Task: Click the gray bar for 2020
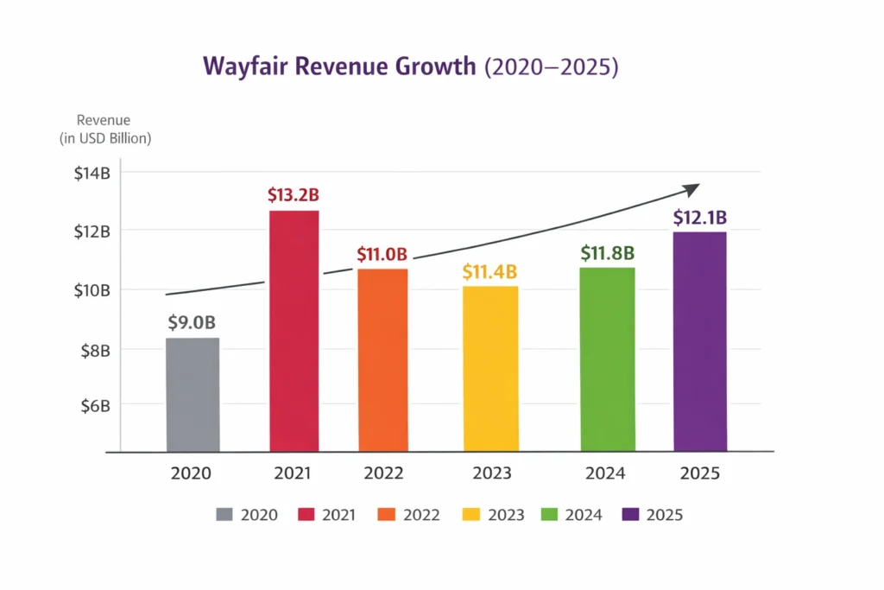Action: (x=193, y=395)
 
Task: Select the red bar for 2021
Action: (x=294, y=331)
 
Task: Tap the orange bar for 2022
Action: (x=382, y=360)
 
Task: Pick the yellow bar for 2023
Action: (x=490, y=369)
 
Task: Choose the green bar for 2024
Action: (x=607, y=359)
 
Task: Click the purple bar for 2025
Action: (x=699, y=341)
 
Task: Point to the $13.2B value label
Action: (x=294, y=195)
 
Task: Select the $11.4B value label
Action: (x=490, y=272)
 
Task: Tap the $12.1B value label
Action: (x=700, y=218)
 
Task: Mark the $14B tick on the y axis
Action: (x=92, y=173)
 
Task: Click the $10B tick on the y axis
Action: (x=92, y=289)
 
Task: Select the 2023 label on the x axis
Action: (x=491, y=473)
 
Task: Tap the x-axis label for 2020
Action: (x=191, y=473)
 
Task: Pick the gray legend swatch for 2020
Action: (x=224, y=515)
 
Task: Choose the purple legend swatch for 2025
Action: (x=630, y=515)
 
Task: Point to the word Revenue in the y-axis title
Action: (x=103, y=121)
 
